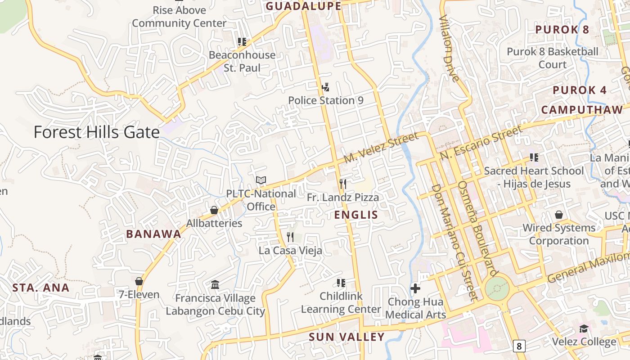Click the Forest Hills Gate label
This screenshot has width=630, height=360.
[x=97, y=132]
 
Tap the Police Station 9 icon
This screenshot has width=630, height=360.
[x=325, y=87]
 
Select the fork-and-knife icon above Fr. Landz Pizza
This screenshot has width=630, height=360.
[x=343, y=184]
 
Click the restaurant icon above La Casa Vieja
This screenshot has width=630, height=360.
[x=290, y=237]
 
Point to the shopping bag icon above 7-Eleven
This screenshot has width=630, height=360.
[x=139, y=281]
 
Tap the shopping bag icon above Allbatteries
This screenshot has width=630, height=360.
[x=214, y=210]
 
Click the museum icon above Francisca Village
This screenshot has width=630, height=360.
[x=215, y=285]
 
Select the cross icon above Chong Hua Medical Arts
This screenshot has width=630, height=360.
[x=415, y=288]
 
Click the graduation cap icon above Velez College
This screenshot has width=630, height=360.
[x=584, y=328]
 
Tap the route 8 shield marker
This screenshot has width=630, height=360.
[x=519, y=346]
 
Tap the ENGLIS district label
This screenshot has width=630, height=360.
[x=356, y=215]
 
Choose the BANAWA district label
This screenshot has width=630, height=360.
[x=153, y=234]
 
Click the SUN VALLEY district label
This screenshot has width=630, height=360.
[x=346, y=337]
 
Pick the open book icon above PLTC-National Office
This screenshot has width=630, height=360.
[x=261, y=180]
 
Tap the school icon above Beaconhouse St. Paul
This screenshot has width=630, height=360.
[x=242, y=42]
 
